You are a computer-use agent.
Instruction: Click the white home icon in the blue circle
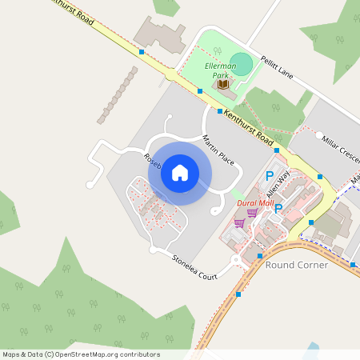(180, 172)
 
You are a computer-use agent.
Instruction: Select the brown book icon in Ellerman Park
(222, 83)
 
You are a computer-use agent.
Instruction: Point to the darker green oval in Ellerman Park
(242, 66)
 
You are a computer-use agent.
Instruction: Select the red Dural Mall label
(255, 203)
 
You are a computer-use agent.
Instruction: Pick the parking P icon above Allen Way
(270, 176)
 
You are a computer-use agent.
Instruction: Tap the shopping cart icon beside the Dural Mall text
(252, 213)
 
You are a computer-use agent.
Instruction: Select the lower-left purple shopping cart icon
(238, 224)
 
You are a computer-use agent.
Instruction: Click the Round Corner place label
(296, 264)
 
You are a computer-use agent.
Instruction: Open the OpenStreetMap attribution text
(81, 354)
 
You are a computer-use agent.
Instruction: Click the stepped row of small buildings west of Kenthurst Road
(118, 94)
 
